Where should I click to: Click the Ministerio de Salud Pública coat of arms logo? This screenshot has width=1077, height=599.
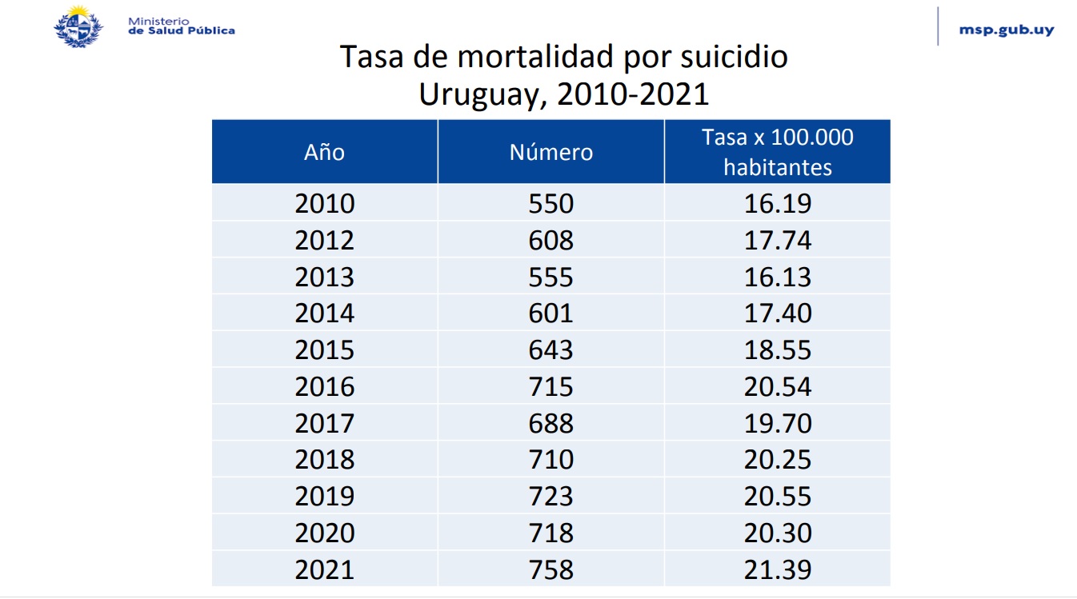[x=78, y=26]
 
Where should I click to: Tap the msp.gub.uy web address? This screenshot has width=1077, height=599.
[x=1006, y=30]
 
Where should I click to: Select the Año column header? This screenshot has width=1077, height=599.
[x=324, y=152]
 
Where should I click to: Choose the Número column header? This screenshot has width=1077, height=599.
[x=551, y=152]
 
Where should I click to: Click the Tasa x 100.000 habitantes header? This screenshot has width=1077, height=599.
[x=777, y=152]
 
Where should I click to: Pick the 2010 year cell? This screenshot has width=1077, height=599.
[x=324, y=203]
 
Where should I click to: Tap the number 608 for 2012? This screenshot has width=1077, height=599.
[x=551, y=240]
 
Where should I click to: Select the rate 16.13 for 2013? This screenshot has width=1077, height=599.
[x=778, y=277]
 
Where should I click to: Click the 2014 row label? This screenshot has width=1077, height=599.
[x=324, y=313]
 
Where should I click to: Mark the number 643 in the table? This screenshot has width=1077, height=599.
[x=551, y=350]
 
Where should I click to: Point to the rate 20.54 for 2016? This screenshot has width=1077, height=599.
[x=778, y=387]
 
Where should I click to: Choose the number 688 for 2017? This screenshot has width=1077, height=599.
[x=551, y=424]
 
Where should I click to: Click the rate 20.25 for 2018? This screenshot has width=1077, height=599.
[x=778, y=460]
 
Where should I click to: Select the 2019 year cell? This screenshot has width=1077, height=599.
[x=324, y=497]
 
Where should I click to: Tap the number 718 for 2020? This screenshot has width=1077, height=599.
[x=551, y=533]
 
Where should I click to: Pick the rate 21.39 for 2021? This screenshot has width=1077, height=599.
[x=778, y=569]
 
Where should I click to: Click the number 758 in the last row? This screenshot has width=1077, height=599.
[x=551, y=569]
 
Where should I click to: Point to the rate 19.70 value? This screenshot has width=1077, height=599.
[x=778, y=424]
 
